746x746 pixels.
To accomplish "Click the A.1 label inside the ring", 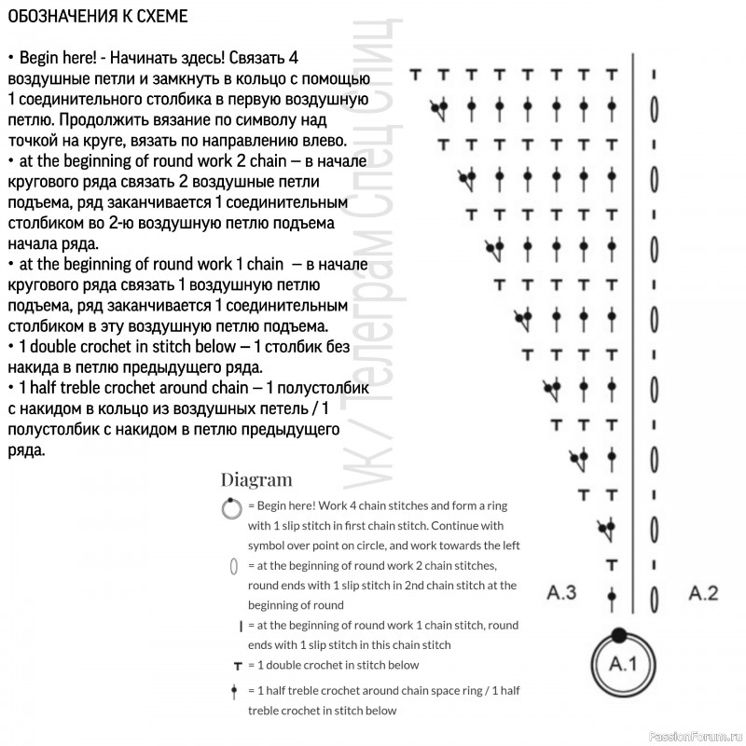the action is point(622,663).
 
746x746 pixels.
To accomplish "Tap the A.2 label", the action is point(703,593).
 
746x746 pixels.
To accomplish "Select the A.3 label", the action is point(561,593).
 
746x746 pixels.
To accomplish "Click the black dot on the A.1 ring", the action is point(619,635).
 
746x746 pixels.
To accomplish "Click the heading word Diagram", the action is point(256,479).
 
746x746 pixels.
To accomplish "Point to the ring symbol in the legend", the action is point(231,508).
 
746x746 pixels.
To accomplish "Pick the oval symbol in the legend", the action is point(234,566).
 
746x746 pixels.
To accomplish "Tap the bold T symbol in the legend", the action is point(238,666).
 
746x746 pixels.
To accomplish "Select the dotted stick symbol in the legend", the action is point(234,691).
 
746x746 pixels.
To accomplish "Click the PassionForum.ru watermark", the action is point(695,736).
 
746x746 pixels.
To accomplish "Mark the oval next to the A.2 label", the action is point(655,599).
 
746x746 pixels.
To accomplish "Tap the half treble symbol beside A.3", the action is point(612,599).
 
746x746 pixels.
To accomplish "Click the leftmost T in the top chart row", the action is point(415,75).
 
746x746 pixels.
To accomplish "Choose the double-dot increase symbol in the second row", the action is point(439,109).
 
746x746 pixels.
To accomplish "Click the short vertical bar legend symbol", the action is point(241,627).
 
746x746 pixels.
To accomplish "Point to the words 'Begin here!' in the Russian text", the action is point(58,58).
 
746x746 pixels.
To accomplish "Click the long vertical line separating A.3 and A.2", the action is point(633,333).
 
